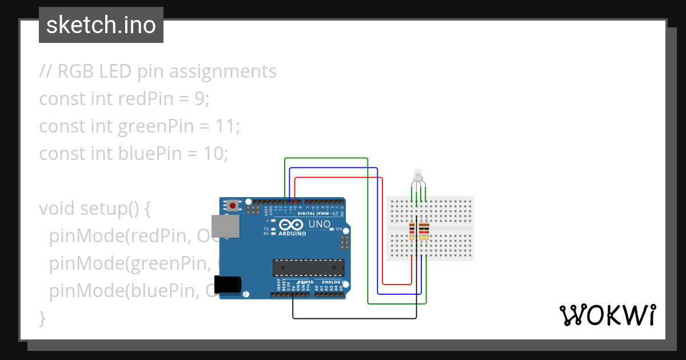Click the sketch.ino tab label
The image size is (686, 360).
101,25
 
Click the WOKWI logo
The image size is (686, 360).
607,315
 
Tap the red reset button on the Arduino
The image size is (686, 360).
233,205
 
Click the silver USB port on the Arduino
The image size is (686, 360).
221,226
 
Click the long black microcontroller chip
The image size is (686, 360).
308,267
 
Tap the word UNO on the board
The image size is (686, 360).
319,225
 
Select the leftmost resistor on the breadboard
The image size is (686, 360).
412,231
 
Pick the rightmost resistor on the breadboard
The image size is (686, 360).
426,231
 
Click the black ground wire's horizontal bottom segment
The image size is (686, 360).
354,318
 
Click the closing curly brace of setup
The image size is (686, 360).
41,318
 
